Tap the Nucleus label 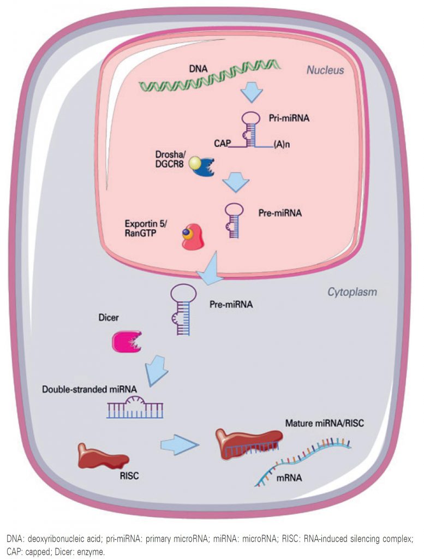(325, 70)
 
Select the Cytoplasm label (352, 292)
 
